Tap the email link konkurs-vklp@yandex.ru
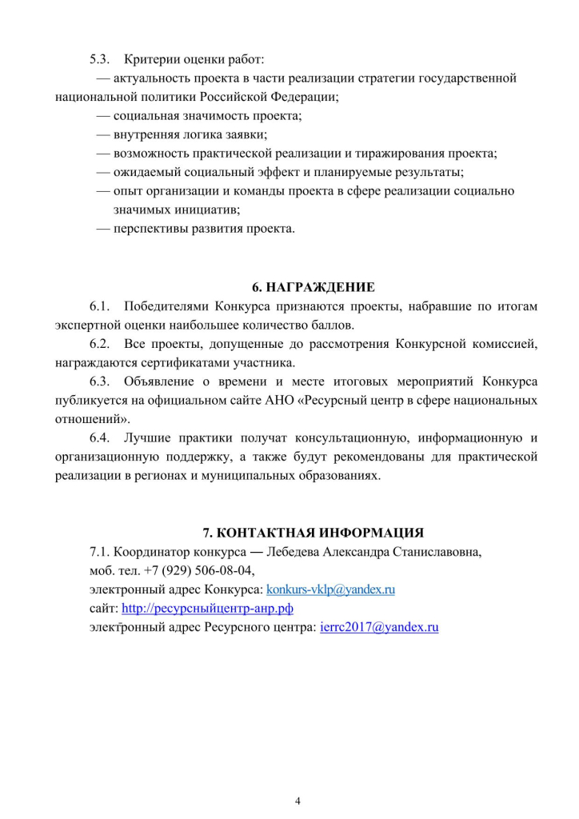point(331,589)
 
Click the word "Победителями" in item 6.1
point(164,306)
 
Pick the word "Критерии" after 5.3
point(150,59)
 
